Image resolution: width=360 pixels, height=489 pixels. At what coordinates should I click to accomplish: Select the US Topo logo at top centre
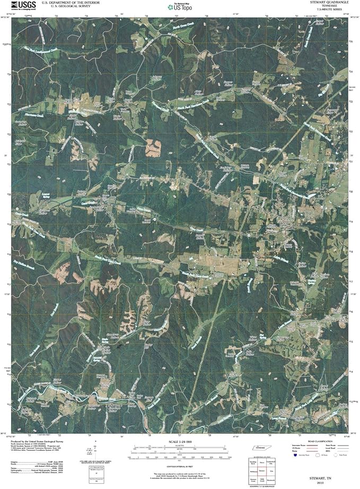(180, 7)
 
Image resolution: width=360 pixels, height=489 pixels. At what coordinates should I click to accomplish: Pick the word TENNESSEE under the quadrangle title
(331, 6)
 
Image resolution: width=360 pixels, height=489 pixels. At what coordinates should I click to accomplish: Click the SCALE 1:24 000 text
(179, 442)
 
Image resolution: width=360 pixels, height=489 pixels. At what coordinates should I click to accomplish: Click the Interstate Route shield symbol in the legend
(295, 455)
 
